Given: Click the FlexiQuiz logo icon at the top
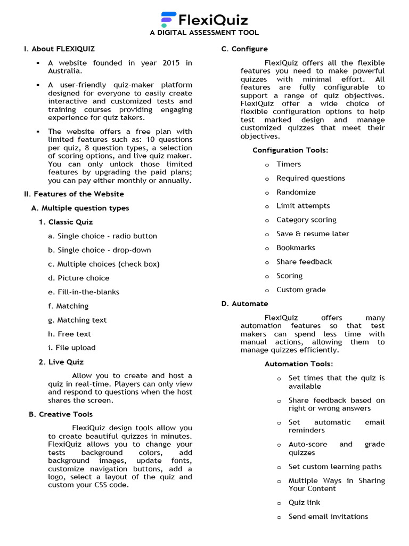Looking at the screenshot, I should pyautogui.click(x=168, y=20).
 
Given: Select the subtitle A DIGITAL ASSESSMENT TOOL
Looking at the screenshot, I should pyautogui.click(x=204, y=33).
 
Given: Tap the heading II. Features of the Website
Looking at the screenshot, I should pyautogui.click(x=74, y=194).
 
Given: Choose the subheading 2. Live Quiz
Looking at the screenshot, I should pyautogui.click(x=61, y=362).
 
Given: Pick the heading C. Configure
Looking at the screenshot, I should pyautogui.click(x=244, y=49).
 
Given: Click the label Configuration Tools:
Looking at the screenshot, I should pyautogui.click(x=290, y=150).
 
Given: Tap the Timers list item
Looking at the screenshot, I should pyautogui.click(x=289, y=164).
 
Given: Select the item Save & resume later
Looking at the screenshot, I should pyautogui.click(x=313, y=234).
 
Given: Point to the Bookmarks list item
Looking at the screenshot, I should pyautogui.click(x=296, y=248).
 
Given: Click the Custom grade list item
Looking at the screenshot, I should pyautogui.click(x=301, y=290).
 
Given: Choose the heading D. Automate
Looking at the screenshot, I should pyautogui.click(x=245, y=304).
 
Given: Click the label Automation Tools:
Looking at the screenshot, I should pyautogui.click(x=299, y=364).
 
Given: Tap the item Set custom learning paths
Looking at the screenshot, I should pyautogui.click(x=335, y=467).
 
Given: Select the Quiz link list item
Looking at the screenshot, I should pyautogui.click(x=304, y=503).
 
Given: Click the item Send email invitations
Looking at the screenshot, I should pyautogui.click(x=328, y=517).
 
